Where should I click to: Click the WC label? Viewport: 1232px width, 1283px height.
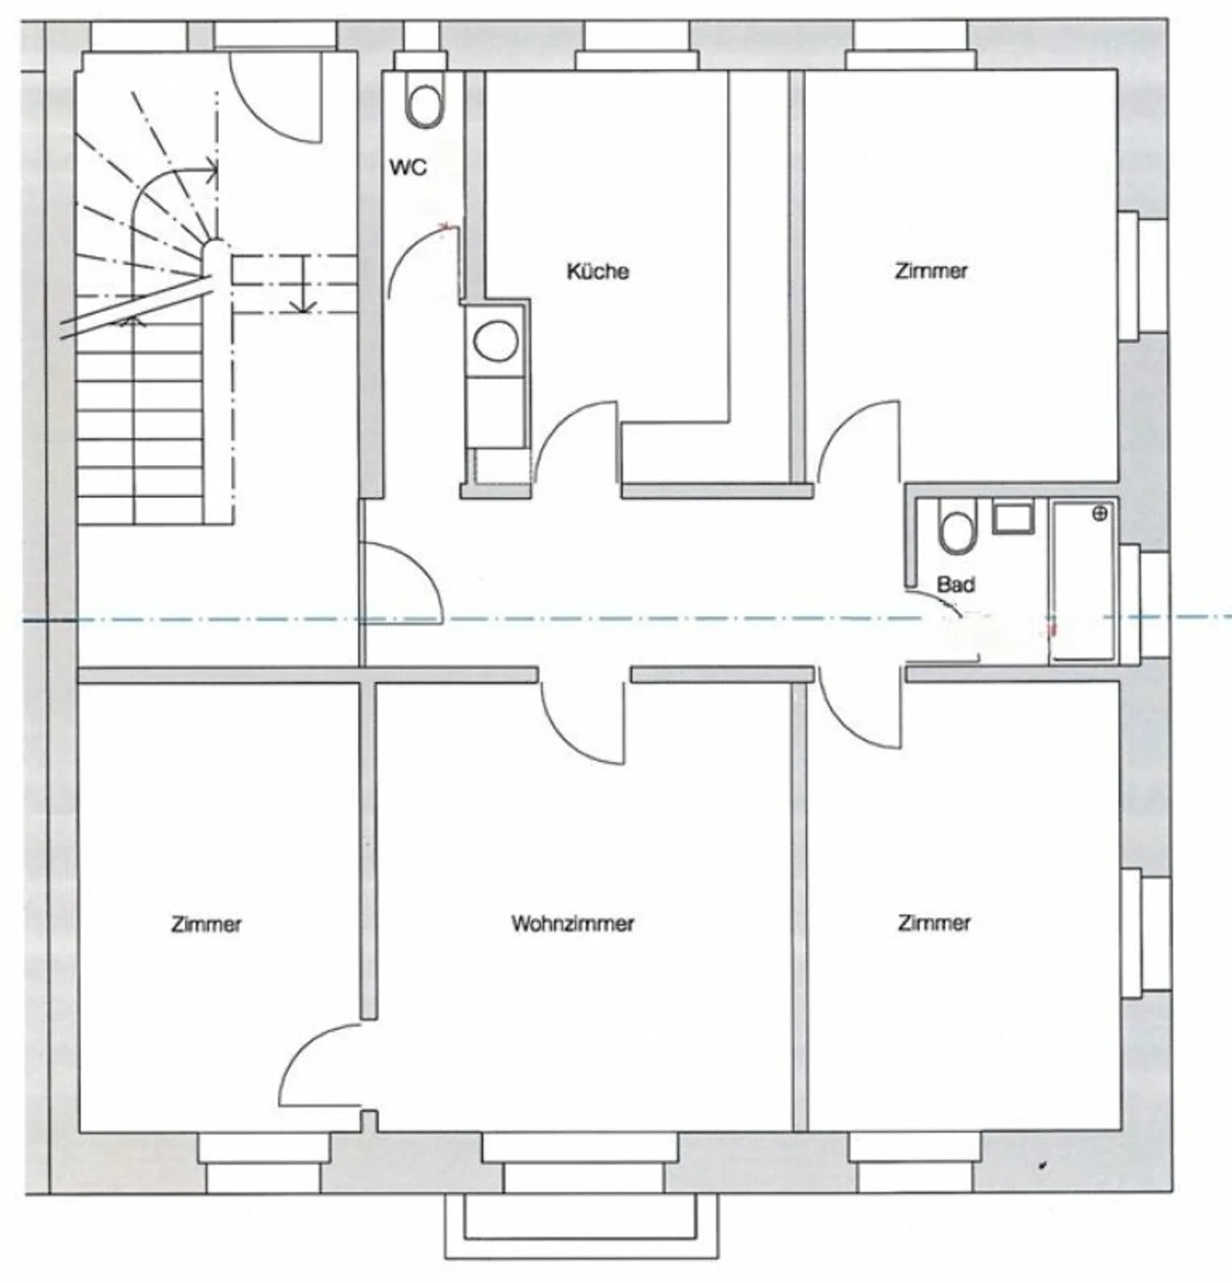click(408, 168)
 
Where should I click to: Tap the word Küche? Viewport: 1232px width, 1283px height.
click(598, 272)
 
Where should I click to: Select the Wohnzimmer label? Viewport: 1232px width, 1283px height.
click(573, 924)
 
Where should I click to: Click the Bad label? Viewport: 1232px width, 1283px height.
click(956, 585)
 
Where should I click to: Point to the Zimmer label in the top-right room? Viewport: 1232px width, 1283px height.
click(931, 271)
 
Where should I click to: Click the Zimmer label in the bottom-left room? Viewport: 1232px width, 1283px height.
click(207, 925)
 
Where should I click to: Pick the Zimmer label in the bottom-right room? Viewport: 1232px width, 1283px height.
click(934, 924)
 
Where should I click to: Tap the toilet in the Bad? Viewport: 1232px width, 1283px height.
click(957, 527)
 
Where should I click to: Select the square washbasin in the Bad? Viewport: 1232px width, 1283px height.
click(1013, 518)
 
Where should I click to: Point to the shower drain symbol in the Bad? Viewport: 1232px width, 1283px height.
click(1100, 514)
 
